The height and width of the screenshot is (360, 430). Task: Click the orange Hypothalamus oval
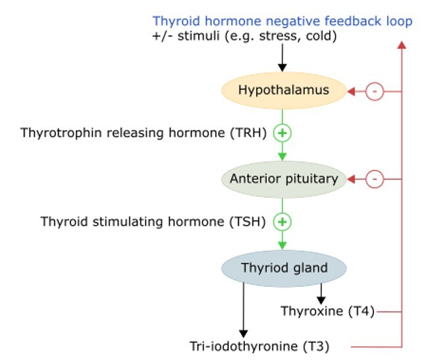283,90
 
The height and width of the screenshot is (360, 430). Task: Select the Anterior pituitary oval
283,178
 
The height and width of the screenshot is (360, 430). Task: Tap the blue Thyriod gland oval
283,267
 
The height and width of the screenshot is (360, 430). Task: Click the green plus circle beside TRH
282,133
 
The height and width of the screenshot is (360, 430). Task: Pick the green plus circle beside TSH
282,222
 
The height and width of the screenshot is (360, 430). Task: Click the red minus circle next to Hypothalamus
374,91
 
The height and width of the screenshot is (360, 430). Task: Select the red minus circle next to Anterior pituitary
374,178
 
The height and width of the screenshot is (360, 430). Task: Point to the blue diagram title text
282,21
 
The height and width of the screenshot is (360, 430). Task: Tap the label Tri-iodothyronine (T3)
259,346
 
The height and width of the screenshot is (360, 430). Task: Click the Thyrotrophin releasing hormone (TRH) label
143,133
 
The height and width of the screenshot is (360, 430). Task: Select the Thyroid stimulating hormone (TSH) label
153,222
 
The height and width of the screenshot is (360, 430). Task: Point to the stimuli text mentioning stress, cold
245,36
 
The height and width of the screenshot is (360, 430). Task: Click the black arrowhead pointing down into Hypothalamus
282,68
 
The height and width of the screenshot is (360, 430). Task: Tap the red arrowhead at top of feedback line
402,45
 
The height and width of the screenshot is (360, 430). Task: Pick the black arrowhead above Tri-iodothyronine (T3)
243,333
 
